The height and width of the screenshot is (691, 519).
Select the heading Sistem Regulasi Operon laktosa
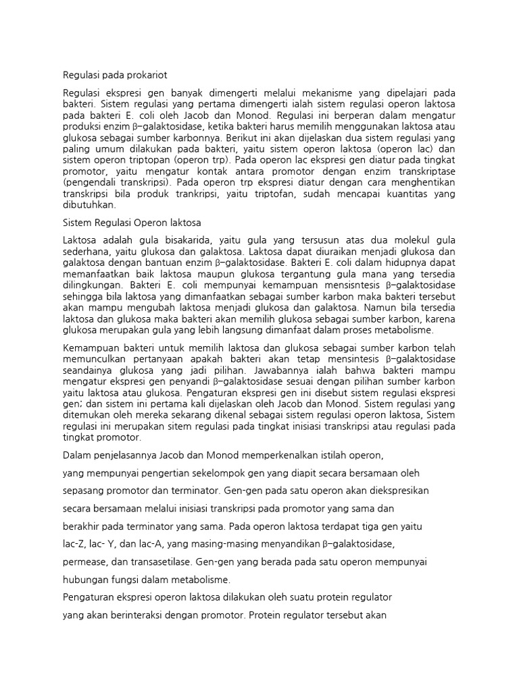132,223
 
